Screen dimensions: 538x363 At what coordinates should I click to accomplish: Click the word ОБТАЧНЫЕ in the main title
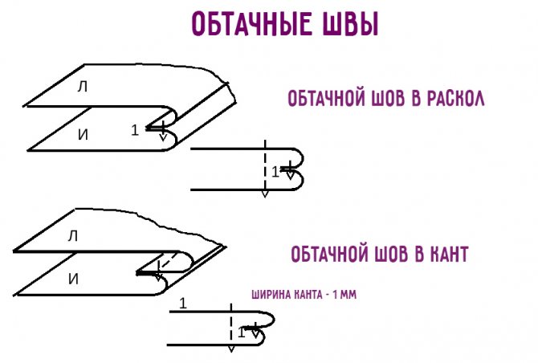[251, 23]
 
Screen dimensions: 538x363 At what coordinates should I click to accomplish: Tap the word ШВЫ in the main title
[350, 23]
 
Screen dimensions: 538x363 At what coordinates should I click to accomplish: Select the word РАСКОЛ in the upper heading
[455, 99]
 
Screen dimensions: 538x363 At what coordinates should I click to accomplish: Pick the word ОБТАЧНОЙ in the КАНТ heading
[329, 255]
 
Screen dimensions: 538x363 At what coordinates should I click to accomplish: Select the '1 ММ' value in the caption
[344, 295]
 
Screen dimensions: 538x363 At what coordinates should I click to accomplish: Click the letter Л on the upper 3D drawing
[83, 87]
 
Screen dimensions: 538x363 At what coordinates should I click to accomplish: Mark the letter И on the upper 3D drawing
[83, 135]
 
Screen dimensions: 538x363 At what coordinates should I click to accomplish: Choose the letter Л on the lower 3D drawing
[73, 236]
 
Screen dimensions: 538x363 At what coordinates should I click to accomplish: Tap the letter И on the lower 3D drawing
[73, 279]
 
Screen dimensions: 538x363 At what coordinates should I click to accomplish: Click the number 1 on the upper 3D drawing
[135, 130]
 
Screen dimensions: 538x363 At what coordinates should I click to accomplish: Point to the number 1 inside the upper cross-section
[275, 172]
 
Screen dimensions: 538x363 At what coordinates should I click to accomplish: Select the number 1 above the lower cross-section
[183, 304]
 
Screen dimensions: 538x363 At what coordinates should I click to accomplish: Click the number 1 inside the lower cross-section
[241, 332]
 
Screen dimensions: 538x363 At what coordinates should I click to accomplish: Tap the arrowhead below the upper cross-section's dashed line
[264, 194]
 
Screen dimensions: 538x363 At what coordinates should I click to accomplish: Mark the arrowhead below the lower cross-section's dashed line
[231, 349]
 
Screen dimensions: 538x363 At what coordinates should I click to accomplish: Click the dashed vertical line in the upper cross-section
[265, 165]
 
